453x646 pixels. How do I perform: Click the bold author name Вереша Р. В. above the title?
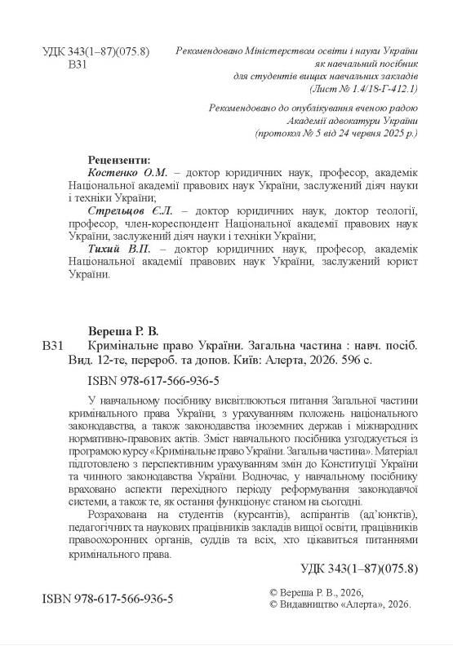[122, 331]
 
